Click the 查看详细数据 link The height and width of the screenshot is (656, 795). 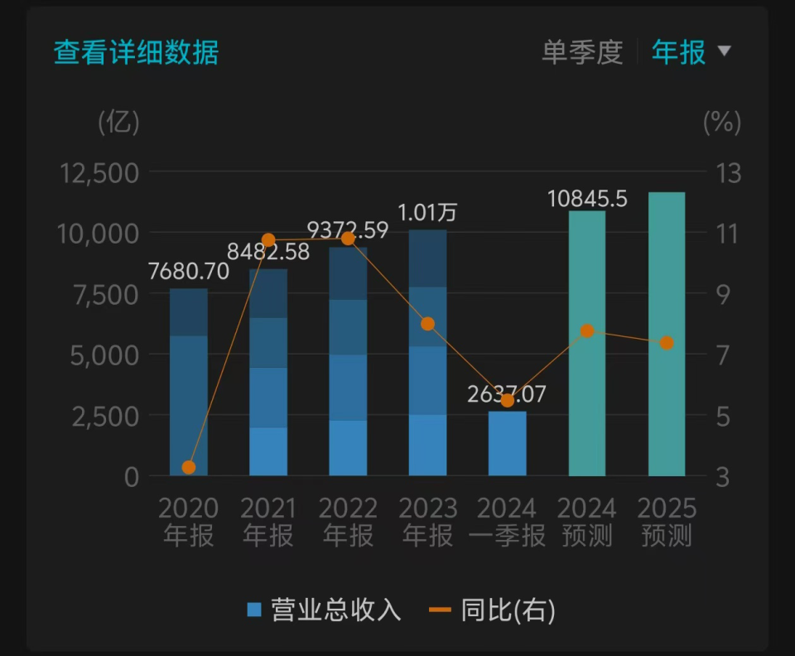pos(136,52)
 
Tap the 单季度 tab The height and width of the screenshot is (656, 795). pos(581,52)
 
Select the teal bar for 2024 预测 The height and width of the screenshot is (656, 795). pos(587,343)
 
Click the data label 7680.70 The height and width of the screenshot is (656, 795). pos(188,271)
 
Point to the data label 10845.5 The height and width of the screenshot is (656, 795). pos(587,200)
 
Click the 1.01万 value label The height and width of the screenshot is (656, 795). pos(427,213)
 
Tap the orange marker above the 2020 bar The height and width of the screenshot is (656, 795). pos(189,467)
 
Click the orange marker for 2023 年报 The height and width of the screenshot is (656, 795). pos(427,324)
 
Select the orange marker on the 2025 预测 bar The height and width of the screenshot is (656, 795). pos(667,343)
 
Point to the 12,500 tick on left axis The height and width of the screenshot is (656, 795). pos(99,173)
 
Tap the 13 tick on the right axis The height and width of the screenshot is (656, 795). pos(729,173)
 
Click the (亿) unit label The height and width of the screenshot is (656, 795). pos(119,123)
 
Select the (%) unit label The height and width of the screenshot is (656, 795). pos(722,123)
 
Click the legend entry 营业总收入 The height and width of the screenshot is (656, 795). pos(324,611)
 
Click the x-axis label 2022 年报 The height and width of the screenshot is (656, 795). pos(348,522)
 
